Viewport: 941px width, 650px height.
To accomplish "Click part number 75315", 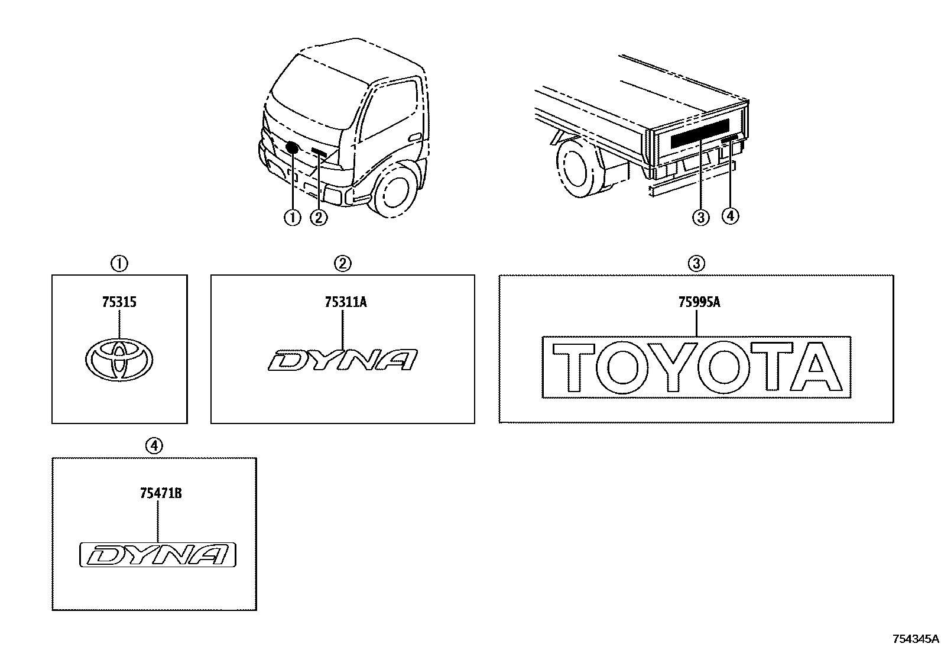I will pyautogui.click(x=119, y=302).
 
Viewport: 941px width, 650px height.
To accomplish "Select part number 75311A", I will pyautogui.click(x=346, y=302).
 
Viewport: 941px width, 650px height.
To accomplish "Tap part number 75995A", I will pyautogui.click(x=699, y=302).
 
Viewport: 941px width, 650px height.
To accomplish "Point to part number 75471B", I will pyautogui.click(x=160, y=493).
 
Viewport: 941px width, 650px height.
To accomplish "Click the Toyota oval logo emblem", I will pyautogui.click(x=119, y=360).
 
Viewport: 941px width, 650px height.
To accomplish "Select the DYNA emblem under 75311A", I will pyautogui.click(x=343, y=360).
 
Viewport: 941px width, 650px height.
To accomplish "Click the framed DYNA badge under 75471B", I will pyautogui.click(x=158, y=555).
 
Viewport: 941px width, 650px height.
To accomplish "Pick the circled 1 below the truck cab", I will pyautogui.click(x=293, y=218).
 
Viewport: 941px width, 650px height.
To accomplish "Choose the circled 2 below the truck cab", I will pyautogui.click(x=319, y=218).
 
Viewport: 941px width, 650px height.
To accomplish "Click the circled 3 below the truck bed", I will pyautogui.click(x=700, y=217).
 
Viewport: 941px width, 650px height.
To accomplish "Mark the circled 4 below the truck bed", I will pyautogui.click(x=730, y=216).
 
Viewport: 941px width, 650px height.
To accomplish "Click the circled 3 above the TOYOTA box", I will pyautogui.click(x=696, y=263).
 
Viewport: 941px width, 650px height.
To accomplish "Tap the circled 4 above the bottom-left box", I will pyautogui.click(x=154, y=447).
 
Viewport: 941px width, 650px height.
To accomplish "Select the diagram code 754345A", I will pyautogui.click(x=915, y=639).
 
